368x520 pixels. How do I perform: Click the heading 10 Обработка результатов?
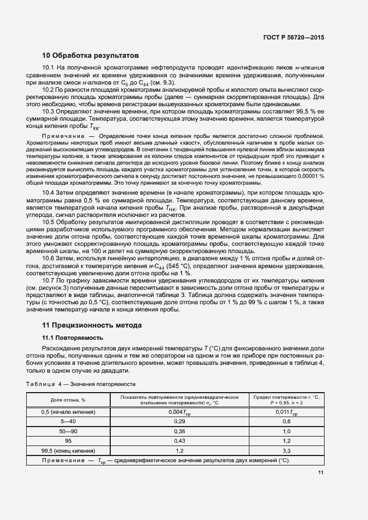pyautogui.click(x=90, y=55)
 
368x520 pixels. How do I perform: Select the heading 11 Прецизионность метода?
pyautogui.click(x=92, y=325)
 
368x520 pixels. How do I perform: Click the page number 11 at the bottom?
pyautogui.click(x=321, y=473)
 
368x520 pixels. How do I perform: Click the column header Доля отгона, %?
pyautogui.click(x=68, y=399)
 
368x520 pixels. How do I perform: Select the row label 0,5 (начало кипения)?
pyautogui.click(x=68, y=412)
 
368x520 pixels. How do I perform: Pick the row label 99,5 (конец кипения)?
pyautogui.click(x=68, y=450)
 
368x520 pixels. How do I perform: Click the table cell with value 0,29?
pyautogui.click(x=180, y=422)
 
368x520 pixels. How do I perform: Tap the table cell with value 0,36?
pyautogui.click(x=180, y=431)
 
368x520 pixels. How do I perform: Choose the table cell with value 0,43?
pyautogui.click(x=180, y=440)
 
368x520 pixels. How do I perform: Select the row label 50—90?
pyautogui.click(x=68, y=431)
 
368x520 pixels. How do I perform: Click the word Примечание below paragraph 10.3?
pyautogui.click(x=62, y=136)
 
